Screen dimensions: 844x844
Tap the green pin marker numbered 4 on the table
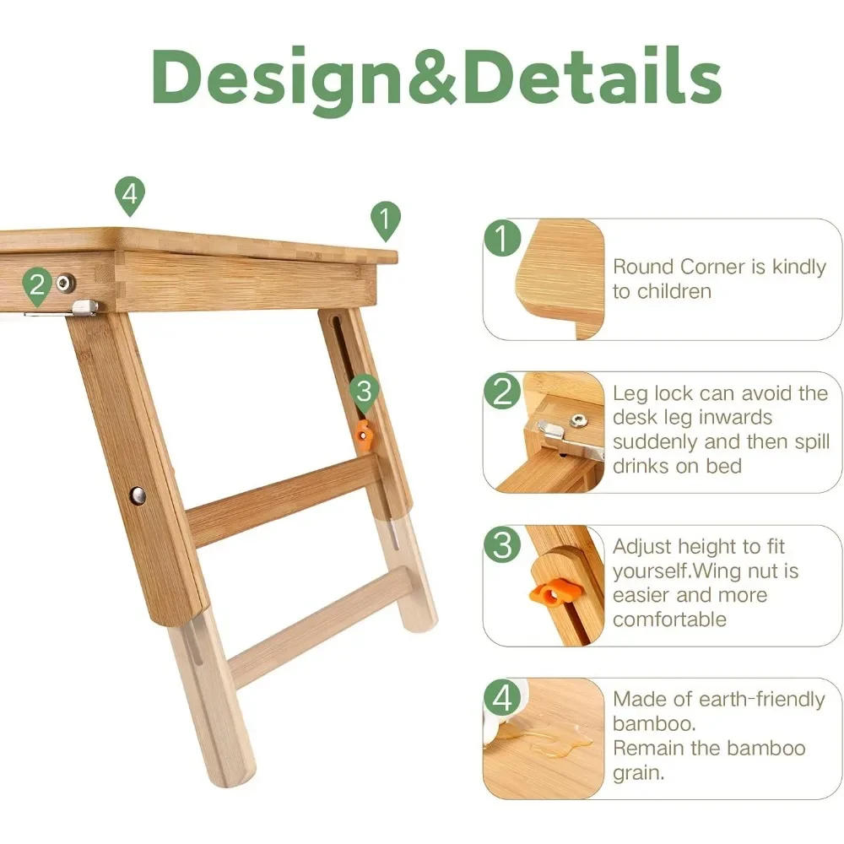coord(130,196)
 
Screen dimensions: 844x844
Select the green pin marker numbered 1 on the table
coord(386,220)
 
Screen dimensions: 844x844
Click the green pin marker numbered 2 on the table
coord(37,286)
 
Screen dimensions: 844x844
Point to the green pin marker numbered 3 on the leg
coord(365,393)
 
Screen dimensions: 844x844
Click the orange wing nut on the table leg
coord(364,434)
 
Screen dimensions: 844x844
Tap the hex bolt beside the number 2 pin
coord(65,282)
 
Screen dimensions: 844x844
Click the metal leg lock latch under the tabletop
coord(85,307)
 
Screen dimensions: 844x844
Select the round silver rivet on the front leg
coord(138,495)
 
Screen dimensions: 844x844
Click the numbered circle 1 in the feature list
coord(502,237)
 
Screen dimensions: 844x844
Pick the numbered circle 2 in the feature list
coord(502,391)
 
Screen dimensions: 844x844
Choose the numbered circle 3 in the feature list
coord(502,544)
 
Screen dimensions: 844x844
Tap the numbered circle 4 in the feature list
coord(502,698)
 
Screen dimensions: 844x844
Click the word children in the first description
coord(674,291)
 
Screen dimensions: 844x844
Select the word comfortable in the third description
coord(669,619)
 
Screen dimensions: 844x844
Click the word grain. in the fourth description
coord(638,773)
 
